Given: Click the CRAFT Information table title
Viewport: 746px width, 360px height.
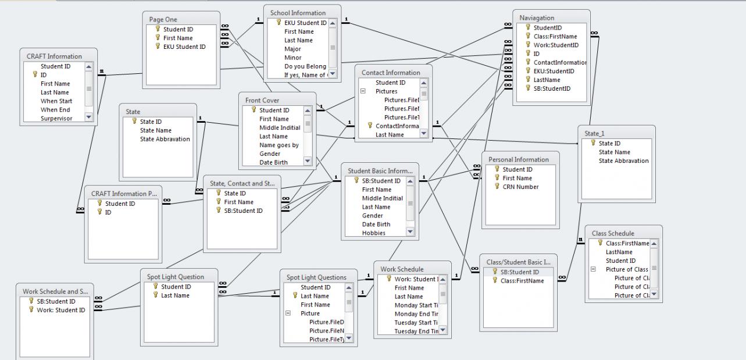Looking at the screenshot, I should (x=54, y=56).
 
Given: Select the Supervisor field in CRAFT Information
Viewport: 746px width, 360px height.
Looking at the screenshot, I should (x=56, y=119).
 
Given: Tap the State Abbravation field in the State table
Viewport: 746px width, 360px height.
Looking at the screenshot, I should (x=165, y=139).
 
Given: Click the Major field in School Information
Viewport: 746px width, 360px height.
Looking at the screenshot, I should (x=292, y=49).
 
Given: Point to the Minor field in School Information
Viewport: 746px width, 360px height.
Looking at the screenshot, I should (x=292, y=58).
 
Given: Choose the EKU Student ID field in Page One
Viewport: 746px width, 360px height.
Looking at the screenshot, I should (x=184, y=47).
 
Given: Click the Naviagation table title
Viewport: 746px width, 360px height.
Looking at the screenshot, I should (x=537, y=18).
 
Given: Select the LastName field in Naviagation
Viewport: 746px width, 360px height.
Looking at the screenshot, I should (x=547, y=80).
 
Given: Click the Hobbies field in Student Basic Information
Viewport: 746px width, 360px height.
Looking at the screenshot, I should (x=373, y=233).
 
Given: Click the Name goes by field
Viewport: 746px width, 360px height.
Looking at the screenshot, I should (x=279, y=145).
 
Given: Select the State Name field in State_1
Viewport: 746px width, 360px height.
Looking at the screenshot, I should (x=614, y=152).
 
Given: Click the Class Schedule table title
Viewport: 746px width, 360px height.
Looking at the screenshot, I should (x=613, y=233).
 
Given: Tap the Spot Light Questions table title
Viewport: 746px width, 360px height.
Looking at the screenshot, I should (x=316, y=277).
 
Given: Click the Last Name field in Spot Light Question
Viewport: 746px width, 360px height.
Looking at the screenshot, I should (x=175, y=295).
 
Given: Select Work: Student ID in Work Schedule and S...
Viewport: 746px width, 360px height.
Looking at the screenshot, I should (x=61, y=310).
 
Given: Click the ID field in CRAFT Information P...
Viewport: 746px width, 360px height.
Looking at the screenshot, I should (x=108, y=212).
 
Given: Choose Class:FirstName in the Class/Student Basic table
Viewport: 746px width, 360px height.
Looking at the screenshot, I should (x=522, y=281).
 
